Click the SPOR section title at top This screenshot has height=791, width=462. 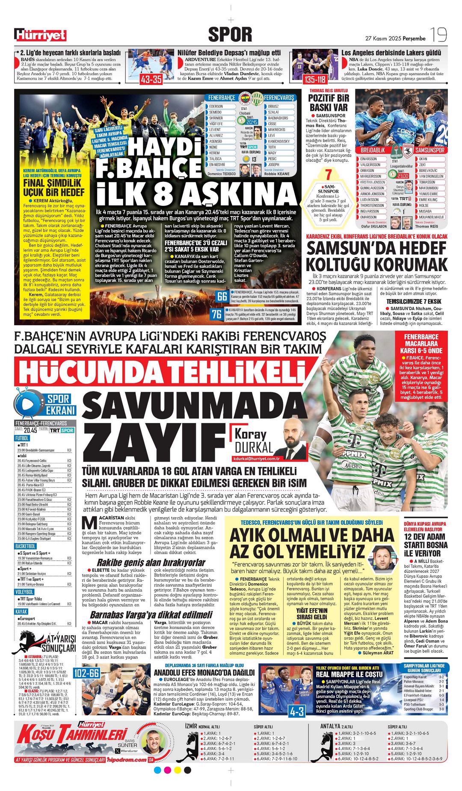pos(230,35)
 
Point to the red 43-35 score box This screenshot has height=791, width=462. pos(151,79)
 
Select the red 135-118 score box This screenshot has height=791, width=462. pos(315,80)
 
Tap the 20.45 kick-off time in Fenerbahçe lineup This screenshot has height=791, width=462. pos(252,122)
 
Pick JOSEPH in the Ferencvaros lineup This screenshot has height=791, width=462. pos(274,164)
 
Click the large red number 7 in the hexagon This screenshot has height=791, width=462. pos(329,175)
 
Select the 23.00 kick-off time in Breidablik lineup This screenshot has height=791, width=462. pos(403,175)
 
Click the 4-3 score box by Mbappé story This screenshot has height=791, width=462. pos(296,711)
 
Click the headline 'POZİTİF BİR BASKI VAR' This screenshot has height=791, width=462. pos(329,103)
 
